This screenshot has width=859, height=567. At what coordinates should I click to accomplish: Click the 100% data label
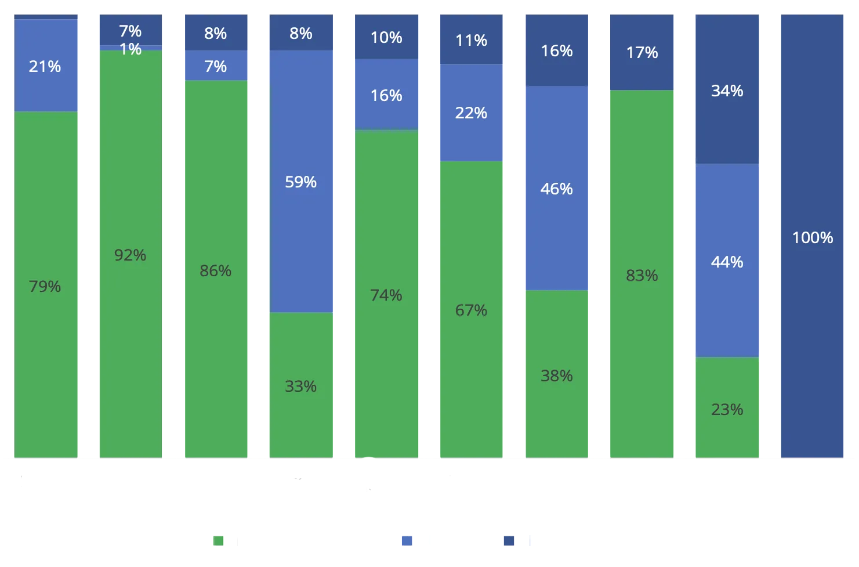(813, 238)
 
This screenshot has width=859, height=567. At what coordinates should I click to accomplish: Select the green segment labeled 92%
(131, 254)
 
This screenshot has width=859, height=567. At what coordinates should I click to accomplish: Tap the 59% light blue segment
(301, 181)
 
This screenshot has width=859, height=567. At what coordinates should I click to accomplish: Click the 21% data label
(45, 67)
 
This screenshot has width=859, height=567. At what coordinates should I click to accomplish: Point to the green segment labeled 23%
(727, 407)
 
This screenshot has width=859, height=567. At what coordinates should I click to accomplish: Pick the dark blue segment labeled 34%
(727, 89)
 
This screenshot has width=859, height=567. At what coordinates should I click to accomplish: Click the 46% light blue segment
(557, 188)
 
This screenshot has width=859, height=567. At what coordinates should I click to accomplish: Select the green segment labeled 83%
(642, 274)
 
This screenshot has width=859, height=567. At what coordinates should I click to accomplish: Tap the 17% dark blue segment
(642, 52)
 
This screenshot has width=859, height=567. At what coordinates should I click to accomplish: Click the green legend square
(218, 541)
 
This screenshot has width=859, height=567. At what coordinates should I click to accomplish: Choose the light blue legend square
(407, 541)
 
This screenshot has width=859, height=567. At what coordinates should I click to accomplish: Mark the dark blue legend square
(509, 541)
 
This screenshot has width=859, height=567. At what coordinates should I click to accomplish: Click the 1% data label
(131, 49)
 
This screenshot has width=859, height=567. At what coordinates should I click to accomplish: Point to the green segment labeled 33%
(301, 385)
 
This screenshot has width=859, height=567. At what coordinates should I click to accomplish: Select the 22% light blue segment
(472, 113)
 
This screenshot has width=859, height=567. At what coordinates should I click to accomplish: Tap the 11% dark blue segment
(472, 39)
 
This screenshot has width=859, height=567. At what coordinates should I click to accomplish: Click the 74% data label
(386, 295)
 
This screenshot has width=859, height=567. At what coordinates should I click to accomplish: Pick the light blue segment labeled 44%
(727, 261)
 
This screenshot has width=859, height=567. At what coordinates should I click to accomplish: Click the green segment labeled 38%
(557, 374)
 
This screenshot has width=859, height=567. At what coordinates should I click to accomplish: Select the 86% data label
(216, 271)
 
